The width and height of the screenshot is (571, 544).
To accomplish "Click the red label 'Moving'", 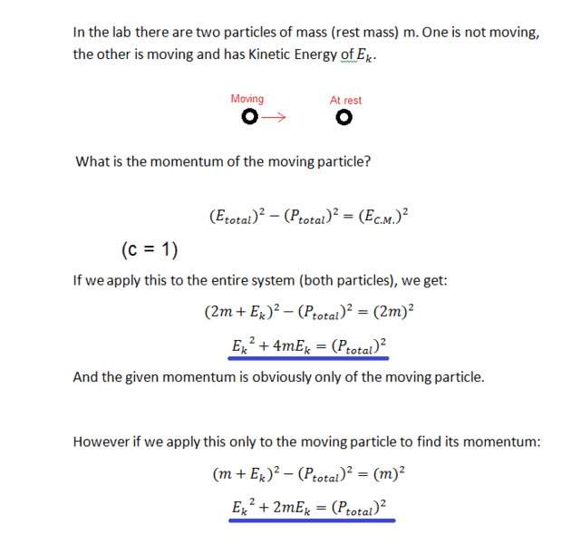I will coord(247,99).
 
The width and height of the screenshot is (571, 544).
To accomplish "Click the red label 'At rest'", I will coord(345,101).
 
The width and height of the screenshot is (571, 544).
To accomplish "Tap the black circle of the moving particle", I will coord(248,118).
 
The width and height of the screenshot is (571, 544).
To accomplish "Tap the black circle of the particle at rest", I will coord(343,118).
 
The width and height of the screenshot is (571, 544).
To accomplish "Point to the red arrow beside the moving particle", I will coord(274,118).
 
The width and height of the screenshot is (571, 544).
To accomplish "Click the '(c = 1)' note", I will coord(150,249).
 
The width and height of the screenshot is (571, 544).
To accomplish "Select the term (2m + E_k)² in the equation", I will coord(241,313).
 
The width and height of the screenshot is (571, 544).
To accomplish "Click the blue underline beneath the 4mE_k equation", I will coord(309,359).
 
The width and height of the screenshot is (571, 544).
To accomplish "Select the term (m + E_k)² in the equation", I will coord(246,473).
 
